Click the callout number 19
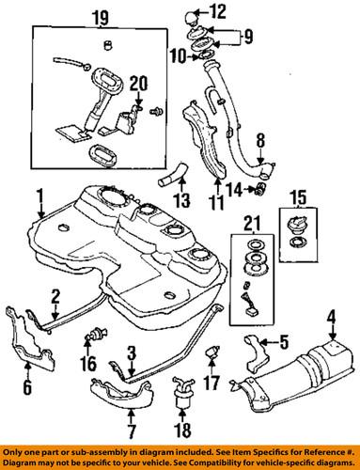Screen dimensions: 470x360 100,17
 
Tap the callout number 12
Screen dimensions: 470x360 218,11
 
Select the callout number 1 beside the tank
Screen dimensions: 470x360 39,196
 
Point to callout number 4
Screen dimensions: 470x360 331,330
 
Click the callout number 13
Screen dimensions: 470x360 180,199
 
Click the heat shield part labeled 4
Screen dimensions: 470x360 310,376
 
